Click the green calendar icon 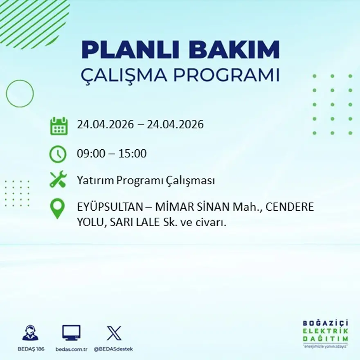(59, 126)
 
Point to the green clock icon (58, 154)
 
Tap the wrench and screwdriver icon (58, 180)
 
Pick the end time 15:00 (133, 154)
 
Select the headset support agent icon (30, 333)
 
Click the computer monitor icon (71, 333)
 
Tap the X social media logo (114, 333)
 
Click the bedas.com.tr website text (72, 349)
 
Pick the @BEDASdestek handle (113, 349)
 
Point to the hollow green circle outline (20, 94)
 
